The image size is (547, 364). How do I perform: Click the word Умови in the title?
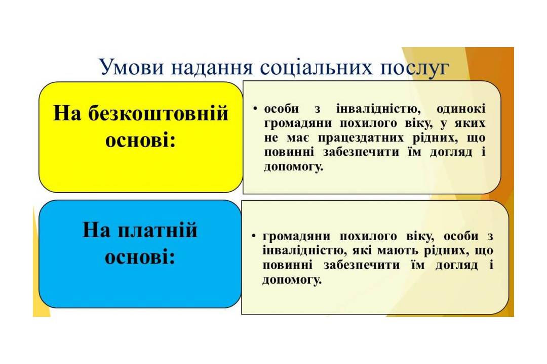132,67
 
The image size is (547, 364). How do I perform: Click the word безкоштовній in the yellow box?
158,113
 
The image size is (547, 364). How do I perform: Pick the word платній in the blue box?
158,230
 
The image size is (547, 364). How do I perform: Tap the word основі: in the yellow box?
141,141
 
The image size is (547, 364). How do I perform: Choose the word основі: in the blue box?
140,258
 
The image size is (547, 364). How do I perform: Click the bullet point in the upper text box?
255,109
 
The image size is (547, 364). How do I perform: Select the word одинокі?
461,109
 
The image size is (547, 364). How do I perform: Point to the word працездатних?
361,139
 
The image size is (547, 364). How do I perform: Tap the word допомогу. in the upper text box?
293,167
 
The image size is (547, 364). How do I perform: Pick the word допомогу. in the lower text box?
292,280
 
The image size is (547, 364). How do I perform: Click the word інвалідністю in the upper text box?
378,109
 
